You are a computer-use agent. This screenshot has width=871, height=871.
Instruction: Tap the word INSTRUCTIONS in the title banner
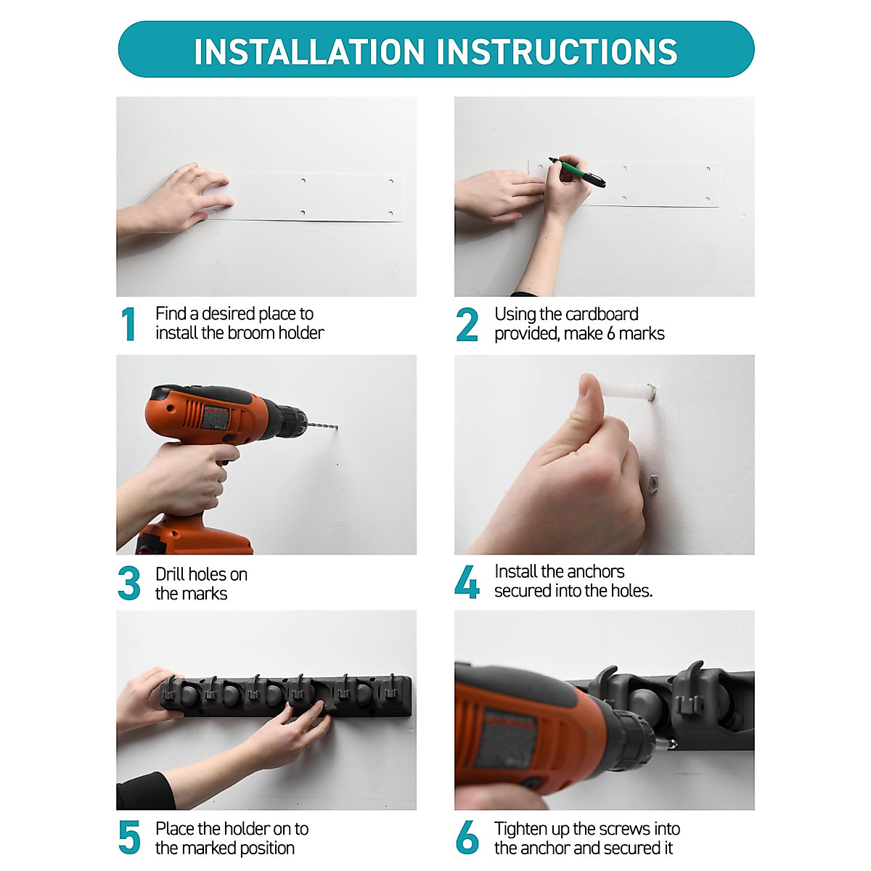point(557,52)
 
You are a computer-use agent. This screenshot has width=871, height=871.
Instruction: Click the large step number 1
point(128,324)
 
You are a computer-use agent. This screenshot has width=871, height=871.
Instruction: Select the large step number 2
point(467,324)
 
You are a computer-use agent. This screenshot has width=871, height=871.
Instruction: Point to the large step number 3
point(128,583)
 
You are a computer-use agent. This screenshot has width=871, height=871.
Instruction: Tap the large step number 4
point(467,581)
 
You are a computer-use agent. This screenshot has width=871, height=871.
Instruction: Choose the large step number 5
point(129,837)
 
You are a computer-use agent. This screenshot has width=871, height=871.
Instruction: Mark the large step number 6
point(467,837)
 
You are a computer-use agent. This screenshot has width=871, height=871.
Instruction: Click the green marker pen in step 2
point(577,172)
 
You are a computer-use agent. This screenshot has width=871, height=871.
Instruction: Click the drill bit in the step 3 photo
point(323,425)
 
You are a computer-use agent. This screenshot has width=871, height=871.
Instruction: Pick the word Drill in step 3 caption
point(170,574)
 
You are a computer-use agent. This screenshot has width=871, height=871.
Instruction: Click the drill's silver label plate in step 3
point(215,417)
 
